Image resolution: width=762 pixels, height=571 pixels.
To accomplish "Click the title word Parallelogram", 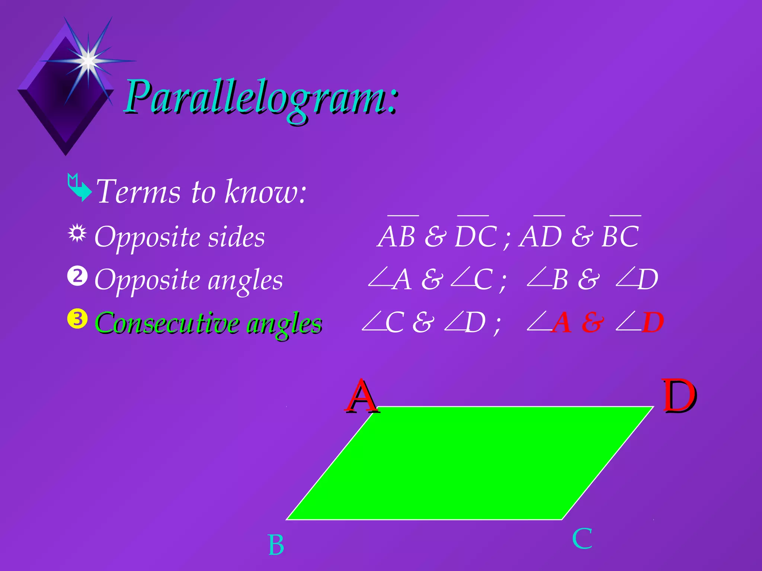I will [x=260, y=97].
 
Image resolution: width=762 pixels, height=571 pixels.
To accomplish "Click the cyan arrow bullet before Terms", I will [x=79, y=188].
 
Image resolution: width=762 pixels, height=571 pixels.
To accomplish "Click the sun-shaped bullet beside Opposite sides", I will [x=77, y=233].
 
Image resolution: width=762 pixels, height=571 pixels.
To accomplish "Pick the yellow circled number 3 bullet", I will [x=77, y=319].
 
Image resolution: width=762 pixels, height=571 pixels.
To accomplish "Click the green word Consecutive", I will [x=167, y=323].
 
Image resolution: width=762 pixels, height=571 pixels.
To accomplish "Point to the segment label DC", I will [x=476, y=236].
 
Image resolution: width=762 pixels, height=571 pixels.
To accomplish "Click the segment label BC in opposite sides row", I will [x=620, y=236].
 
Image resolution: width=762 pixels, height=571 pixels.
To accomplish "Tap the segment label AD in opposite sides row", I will [x=540, y=236].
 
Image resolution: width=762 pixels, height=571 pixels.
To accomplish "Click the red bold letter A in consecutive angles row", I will [x=562, y=323].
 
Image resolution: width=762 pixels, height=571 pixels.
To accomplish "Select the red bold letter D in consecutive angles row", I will [x=653, y=323].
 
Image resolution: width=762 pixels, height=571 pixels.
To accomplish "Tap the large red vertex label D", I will [x=679, y=396].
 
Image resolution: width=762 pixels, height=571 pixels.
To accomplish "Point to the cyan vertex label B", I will [x=276, y=545].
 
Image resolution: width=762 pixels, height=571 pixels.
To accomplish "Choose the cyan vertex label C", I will [x=582, y=539].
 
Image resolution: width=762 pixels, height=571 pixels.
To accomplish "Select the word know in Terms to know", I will [x=266, y=192].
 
